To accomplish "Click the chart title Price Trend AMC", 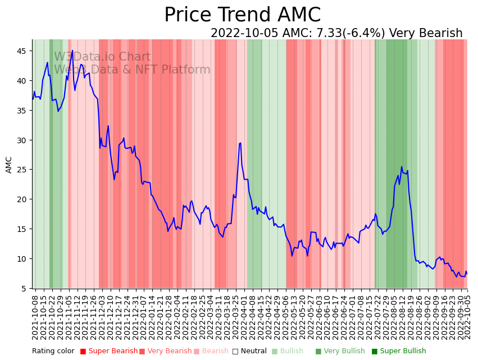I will [x=242, y=15].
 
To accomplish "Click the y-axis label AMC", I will [x=9, y=165].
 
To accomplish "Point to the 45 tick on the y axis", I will [x=22, y=51].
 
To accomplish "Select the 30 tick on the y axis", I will [x=22, y=140].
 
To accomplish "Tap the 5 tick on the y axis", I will [x=24, y=289].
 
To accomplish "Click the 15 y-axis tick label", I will [x=22, y=229].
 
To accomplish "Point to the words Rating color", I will [x=53, y=352].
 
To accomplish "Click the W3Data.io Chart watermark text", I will [x=102, y=57].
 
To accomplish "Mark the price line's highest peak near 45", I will [x=72, y=51].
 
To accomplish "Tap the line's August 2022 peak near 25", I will [x=402, y=167].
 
